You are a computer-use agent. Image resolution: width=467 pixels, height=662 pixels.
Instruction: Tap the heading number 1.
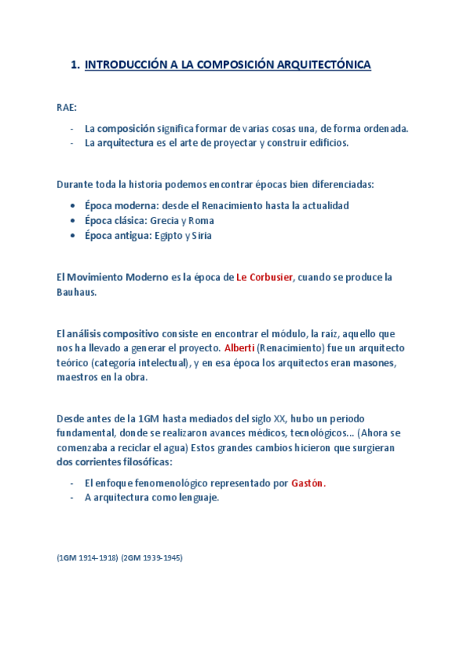point(74,66)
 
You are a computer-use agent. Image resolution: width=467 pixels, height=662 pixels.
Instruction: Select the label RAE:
point(67,107)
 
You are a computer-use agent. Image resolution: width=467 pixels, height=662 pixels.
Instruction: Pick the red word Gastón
point(308,483)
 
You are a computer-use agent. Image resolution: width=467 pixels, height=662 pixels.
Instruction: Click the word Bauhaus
point(76,292)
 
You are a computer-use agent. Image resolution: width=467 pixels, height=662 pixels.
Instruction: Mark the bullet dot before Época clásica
point(72,221)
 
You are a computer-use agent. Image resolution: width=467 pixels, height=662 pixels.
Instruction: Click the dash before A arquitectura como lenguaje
point(72,498)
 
